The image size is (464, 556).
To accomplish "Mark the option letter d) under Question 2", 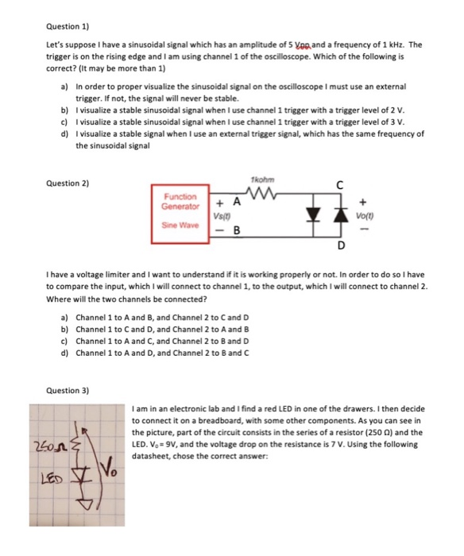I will click(x=64, y=351).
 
